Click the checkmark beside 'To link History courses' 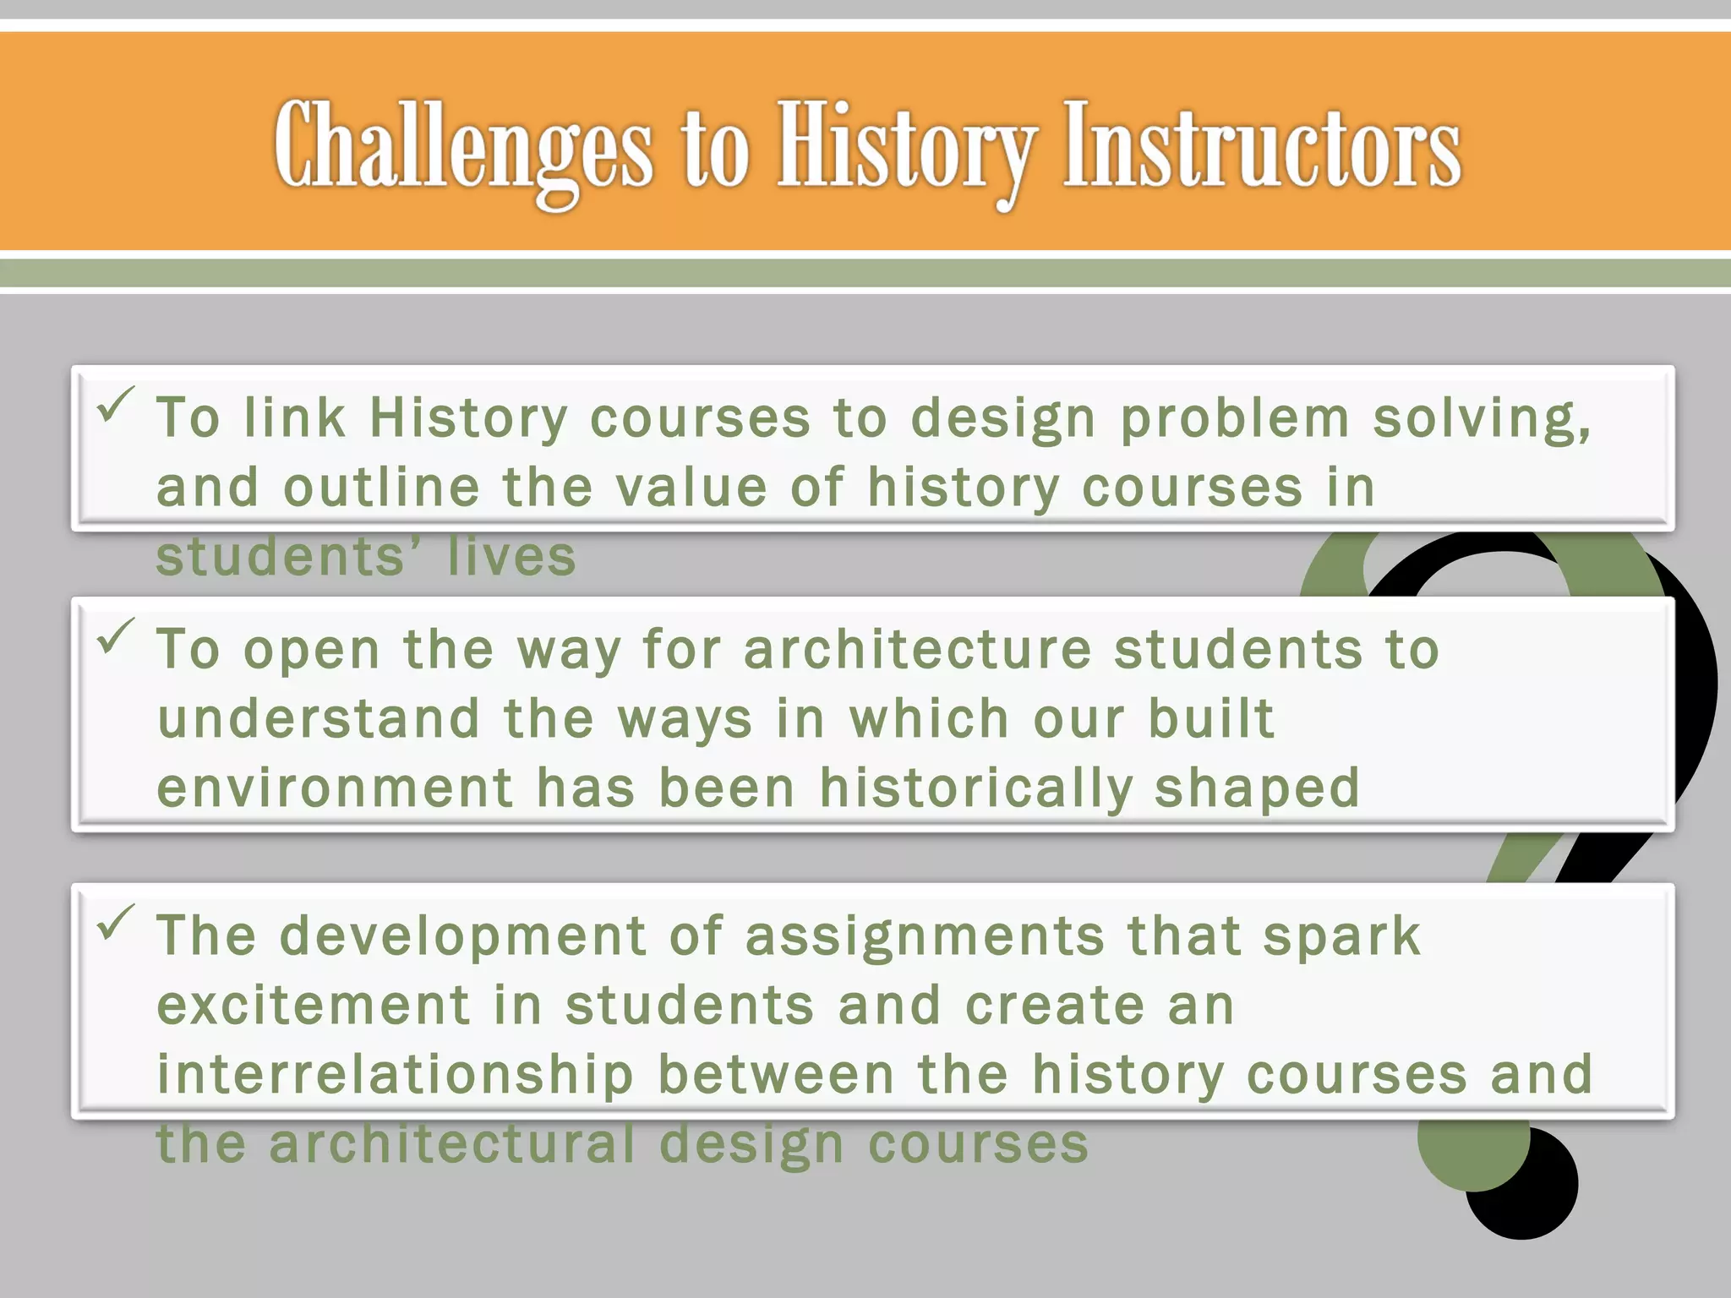116,405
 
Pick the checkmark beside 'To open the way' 116,636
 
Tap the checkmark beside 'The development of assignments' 116,922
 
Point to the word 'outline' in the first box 381,488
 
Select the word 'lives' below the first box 511,557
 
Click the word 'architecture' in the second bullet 918,650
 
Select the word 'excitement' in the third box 314,1006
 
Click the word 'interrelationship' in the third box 396,1076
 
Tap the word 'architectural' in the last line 452,1144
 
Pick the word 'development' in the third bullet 463,937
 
